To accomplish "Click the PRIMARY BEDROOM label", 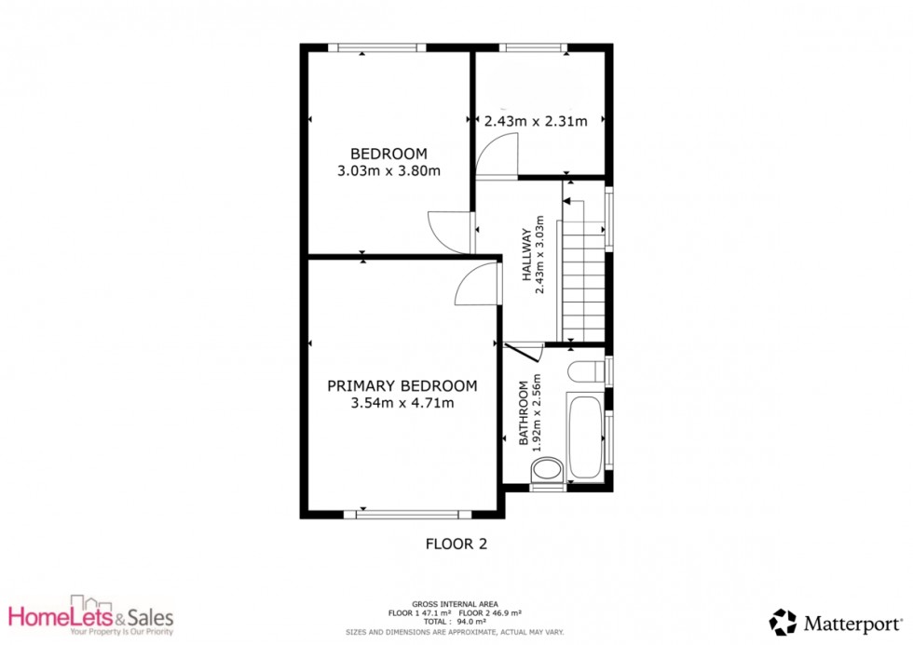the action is pos(402,385).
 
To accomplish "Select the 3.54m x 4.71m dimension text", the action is pos(402,402).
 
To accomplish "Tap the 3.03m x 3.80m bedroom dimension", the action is pos(389,171).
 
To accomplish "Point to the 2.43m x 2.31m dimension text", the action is pos(536,121).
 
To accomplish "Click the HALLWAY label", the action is pos(526,255).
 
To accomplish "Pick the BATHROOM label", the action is pos(524,413).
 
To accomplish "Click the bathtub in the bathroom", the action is pos(585,437).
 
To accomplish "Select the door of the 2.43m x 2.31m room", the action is pos(497,155).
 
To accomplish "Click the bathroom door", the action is pos(524,353).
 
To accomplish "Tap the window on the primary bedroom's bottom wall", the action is pos(408,514).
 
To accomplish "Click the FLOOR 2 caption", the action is pos(456,544).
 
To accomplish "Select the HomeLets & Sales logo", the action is pos(91,616).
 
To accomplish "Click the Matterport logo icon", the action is pos(783,623).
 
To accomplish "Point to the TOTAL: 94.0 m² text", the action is pos(455,621).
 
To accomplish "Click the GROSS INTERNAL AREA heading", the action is pos(455,604).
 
